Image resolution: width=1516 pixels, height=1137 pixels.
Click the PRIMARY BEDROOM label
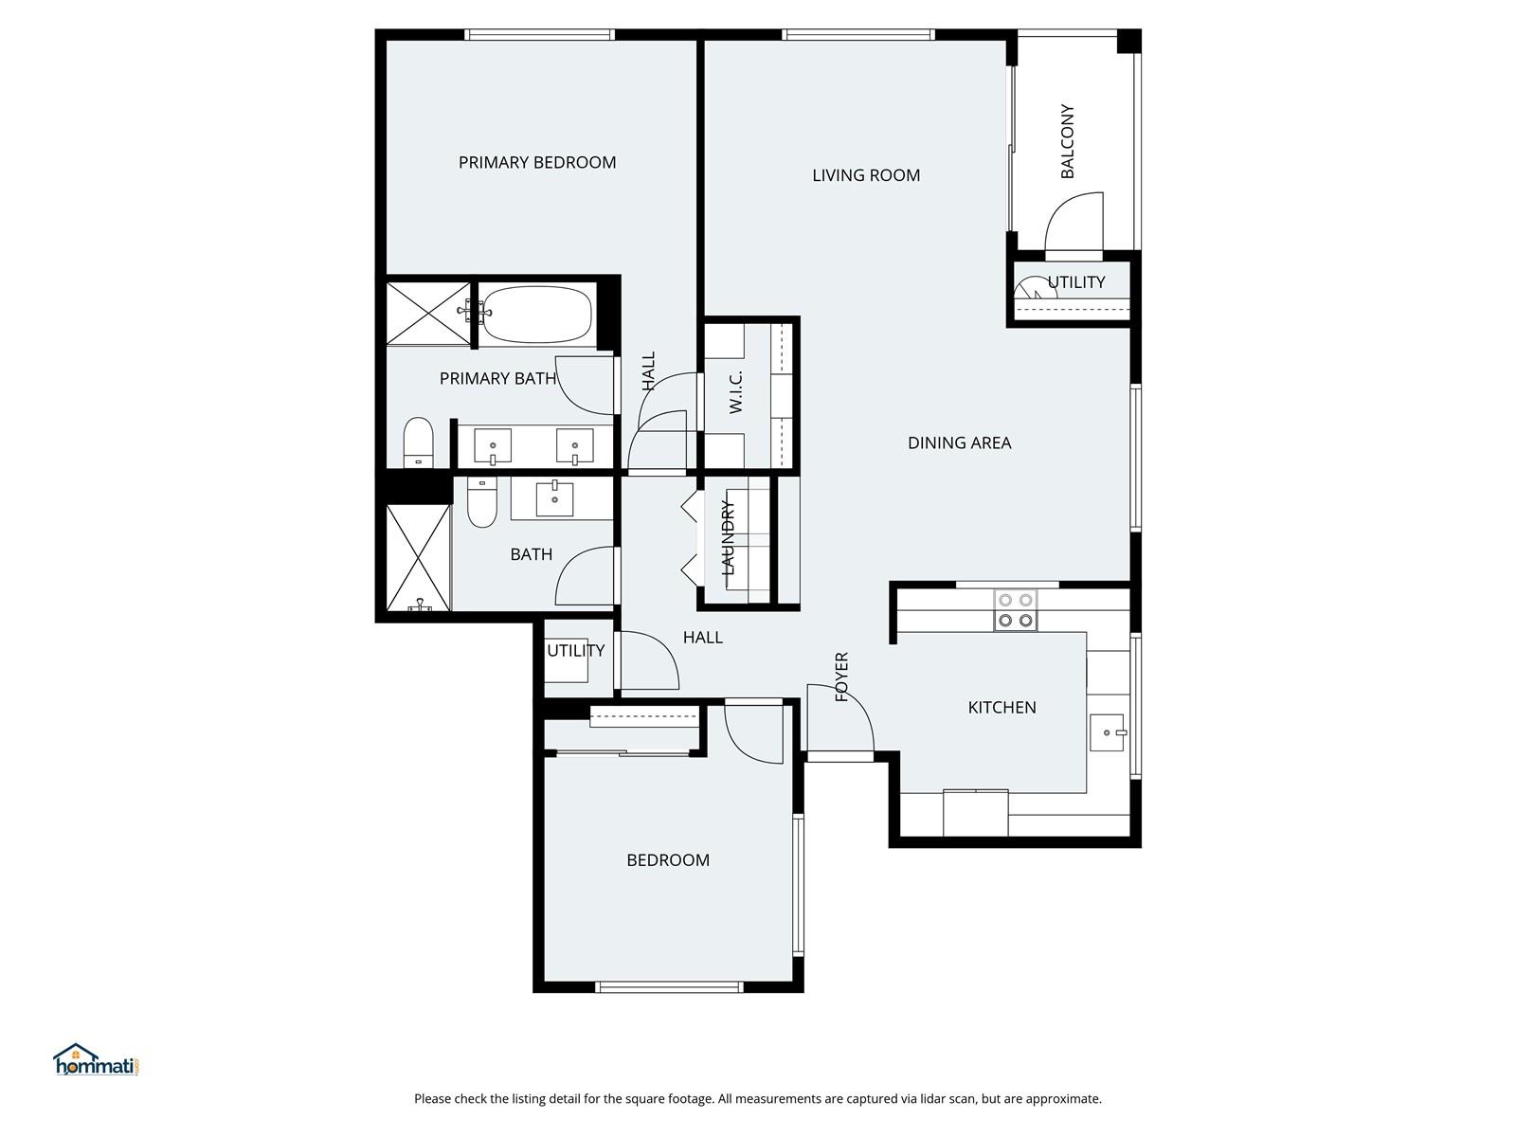[536, 162]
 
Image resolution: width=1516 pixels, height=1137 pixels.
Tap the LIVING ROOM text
[865, 175]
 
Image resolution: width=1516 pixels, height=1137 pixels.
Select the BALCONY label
[1067, 141]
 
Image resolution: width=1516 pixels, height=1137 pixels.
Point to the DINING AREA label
[959, 442]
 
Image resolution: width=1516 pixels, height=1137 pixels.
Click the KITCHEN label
[1002, 707]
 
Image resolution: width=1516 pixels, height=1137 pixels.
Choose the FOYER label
[841, 677]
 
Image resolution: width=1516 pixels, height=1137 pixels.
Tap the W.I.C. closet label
[735, 391]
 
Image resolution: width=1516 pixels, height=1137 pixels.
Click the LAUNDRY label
[728, 538]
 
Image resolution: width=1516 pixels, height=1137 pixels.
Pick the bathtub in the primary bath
[536, 315]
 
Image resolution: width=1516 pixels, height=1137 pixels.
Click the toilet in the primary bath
[417, 442]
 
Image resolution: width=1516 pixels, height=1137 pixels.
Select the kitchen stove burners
[1016, 610]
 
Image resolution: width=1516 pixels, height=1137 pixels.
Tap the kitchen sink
[1108, 732]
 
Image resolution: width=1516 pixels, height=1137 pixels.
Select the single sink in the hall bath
[554, 498]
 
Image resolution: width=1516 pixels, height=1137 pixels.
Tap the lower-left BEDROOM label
[668, 860]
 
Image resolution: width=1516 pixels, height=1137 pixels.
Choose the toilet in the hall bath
[482, 502]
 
